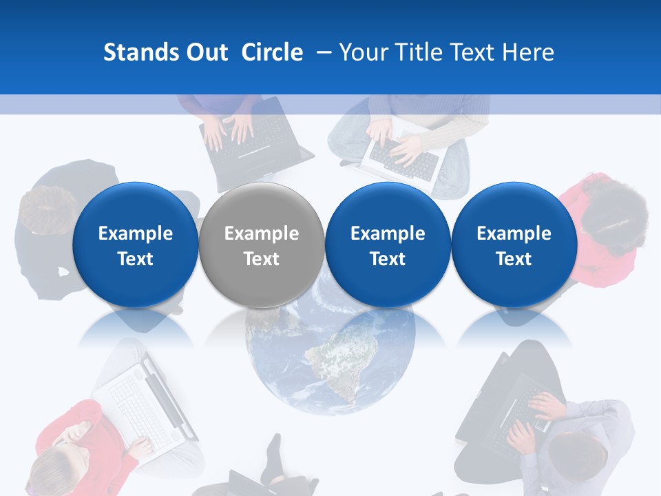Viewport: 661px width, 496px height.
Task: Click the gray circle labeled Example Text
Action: click(x=261, y=245)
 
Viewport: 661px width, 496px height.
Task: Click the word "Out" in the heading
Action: click(x=204, y=52)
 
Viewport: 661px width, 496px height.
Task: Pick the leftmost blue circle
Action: click(x=135, y=245)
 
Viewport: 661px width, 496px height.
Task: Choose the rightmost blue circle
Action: click(x=514, y=245)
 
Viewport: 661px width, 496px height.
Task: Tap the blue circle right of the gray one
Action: click(x=388, y=245)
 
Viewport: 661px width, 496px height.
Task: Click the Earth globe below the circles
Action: click(x=330, y=365)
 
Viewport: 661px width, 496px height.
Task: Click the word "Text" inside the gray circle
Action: click(x=261, y=259)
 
